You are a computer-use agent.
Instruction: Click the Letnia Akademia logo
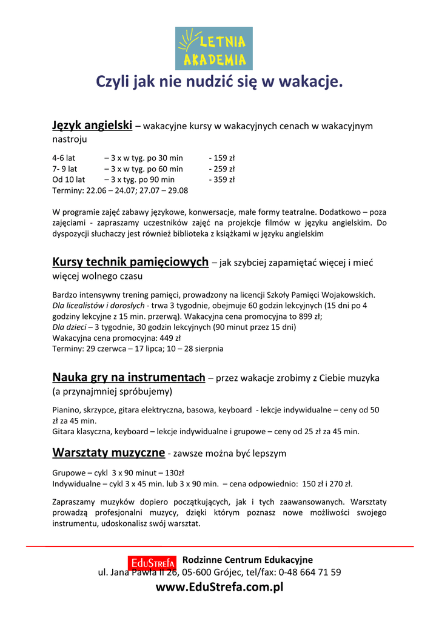[x=213, y=48]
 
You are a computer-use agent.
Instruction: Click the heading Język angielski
[x=92, y=126]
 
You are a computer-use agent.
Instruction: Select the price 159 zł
[x=222, y=158]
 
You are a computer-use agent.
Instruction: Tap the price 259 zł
[x=222, y=169]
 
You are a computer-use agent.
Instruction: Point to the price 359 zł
[x=222, y=180]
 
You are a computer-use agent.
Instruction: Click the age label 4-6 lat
[x=64, y=158]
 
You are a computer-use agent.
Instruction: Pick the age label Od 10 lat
[x=69, y=180]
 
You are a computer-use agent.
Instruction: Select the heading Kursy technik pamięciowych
[x=130, y=262]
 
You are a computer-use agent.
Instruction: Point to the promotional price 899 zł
[x=309, y=317]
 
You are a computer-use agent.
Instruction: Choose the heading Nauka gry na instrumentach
[x=129, y=377]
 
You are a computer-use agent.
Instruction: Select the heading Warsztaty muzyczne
[x=109, y=452]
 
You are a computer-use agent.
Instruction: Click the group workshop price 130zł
[x=175, y=472]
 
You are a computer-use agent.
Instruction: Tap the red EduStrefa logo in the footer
[x=152, y=563]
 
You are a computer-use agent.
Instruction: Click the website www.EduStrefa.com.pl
[x=219, y=587]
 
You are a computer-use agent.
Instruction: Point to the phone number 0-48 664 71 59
[x=309, y=572]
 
